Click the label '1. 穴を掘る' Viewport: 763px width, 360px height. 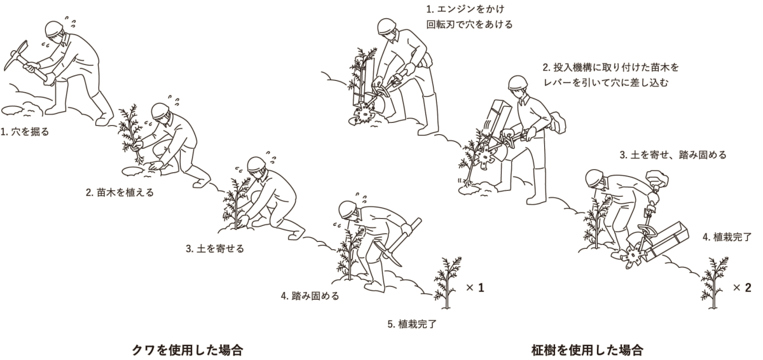[x=25, y=132]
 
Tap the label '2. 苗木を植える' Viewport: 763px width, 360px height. [x=120, y=192]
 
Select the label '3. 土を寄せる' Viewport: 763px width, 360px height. [x=215, y=248]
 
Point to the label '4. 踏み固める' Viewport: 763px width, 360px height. [x=310, y=296]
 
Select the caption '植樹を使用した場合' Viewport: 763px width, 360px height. [x=587, y=349]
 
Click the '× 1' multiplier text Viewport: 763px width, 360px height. [x=475, y=288]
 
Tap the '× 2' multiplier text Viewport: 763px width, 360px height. [x=742, y=287]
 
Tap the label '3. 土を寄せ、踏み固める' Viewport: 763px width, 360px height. [x=673, y=155]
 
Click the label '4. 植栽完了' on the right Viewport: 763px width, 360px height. [x=728, y=237]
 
